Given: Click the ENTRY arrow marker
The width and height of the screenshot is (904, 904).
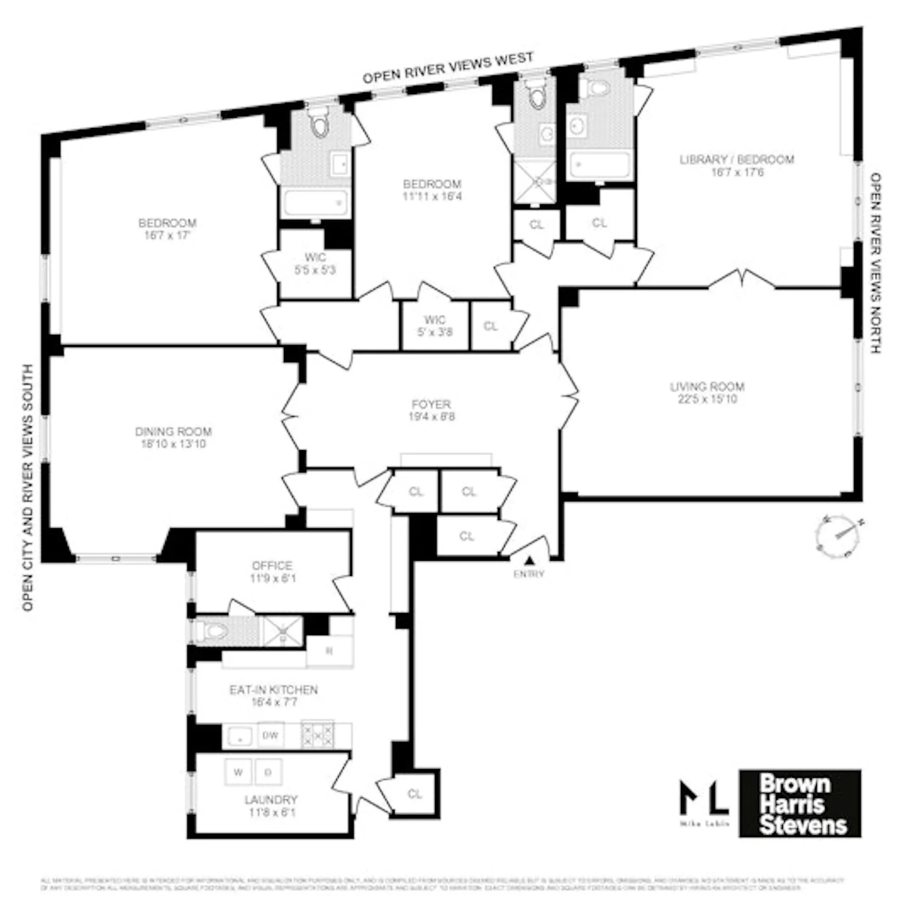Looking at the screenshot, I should pyautogui.click(x=530, y=561).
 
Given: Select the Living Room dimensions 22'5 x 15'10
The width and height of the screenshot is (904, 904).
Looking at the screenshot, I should pyautogui.click(x=707, y=399).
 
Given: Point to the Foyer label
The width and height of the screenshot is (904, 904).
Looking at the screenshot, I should pyautogui.click(x=431, y=404).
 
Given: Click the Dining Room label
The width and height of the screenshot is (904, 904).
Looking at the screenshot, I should pyautogui.click(x=173, y=431).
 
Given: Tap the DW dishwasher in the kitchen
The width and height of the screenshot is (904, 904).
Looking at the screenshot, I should pyautogui.click(x=270, y=735).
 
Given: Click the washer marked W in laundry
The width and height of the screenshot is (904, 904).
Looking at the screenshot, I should pyautogui.click(x=239, y=772).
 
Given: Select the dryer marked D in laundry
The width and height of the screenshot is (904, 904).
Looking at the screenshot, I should pyautogui.click(x=268, y=772).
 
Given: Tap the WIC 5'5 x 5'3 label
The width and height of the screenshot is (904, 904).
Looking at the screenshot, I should pyautogui.click(x=315, y=264).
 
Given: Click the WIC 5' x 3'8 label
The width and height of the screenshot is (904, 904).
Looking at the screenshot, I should pyautogui.click(x=435, y=326).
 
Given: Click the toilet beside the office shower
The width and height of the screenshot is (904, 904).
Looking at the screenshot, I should pyautogui.click(x=207, y=631).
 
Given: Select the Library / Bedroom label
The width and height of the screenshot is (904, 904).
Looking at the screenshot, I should pyautogui.click(x=737, y=159).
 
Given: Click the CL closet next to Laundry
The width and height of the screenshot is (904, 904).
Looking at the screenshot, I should pyautogui.click(x=414, y=794).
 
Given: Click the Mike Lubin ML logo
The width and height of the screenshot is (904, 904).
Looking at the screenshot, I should pyautogui.click(x=704, y=802).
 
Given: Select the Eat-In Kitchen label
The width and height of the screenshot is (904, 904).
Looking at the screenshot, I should pyautogui.click(x=274, y=690).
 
